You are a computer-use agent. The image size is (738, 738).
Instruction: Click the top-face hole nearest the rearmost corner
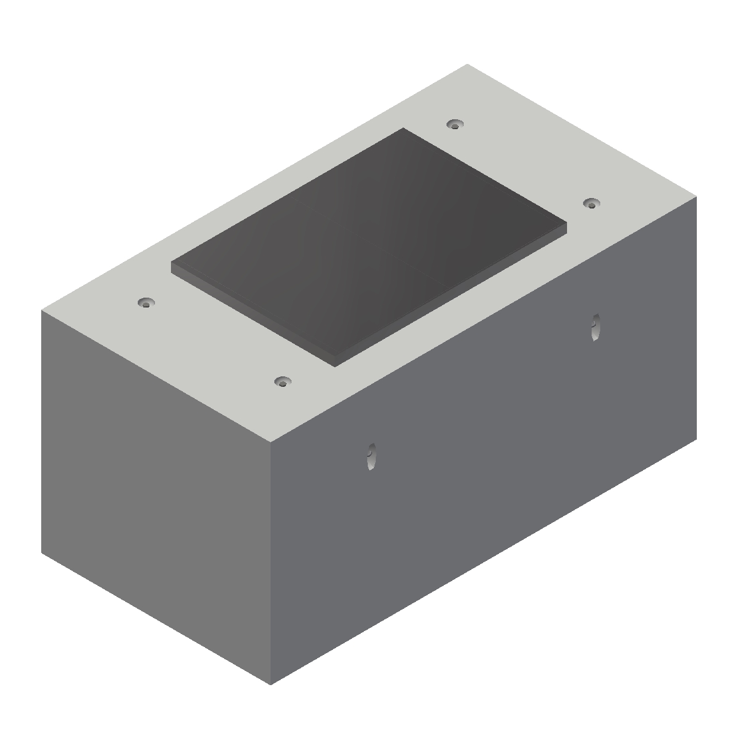click(454, 125)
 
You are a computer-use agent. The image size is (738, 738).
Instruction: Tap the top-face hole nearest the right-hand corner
click(590, 204)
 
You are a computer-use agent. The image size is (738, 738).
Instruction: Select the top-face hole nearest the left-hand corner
click(146, 303)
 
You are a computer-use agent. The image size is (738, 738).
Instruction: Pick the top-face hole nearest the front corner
click(282, 383)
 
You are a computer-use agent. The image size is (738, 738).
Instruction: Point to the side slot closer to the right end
click(594, 327)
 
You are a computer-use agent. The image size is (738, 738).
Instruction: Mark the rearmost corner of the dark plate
click(403, 129)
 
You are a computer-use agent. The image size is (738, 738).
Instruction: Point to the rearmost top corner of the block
click(467, 64)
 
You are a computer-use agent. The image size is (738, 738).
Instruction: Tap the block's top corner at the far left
click(41, 311)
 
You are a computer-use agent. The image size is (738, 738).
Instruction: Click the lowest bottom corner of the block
click(271, 684)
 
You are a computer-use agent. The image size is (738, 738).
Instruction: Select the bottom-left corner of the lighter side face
click(42, 552)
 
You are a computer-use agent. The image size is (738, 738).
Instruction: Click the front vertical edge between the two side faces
click(271, 563)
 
